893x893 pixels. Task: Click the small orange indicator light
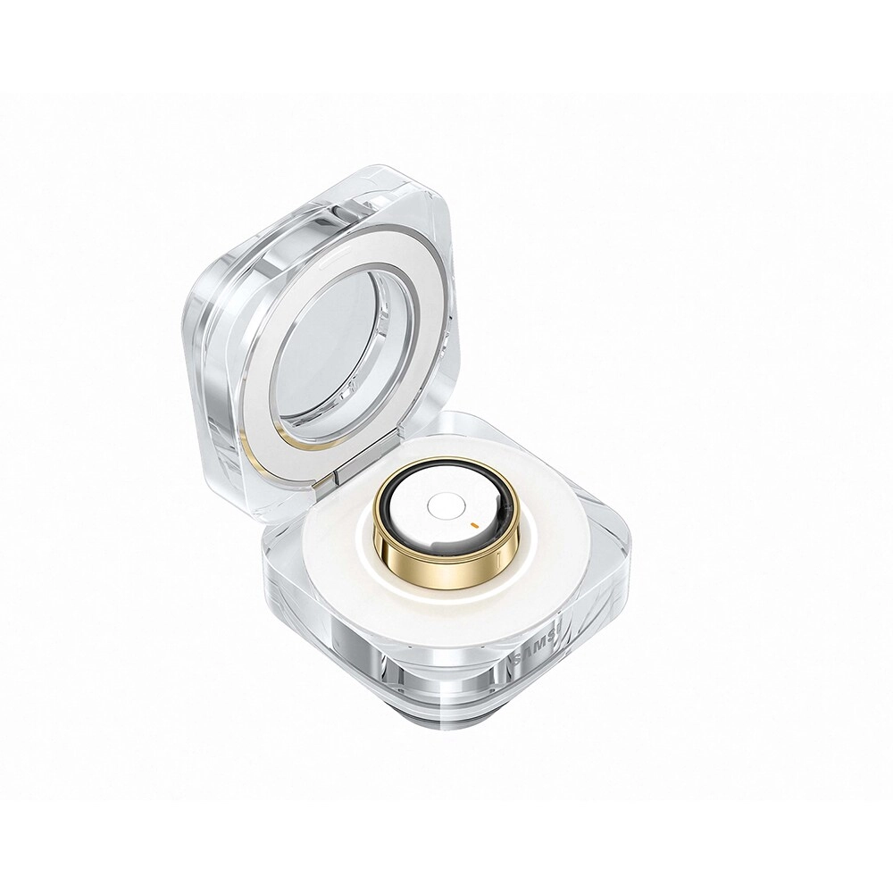click(472, 521)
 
